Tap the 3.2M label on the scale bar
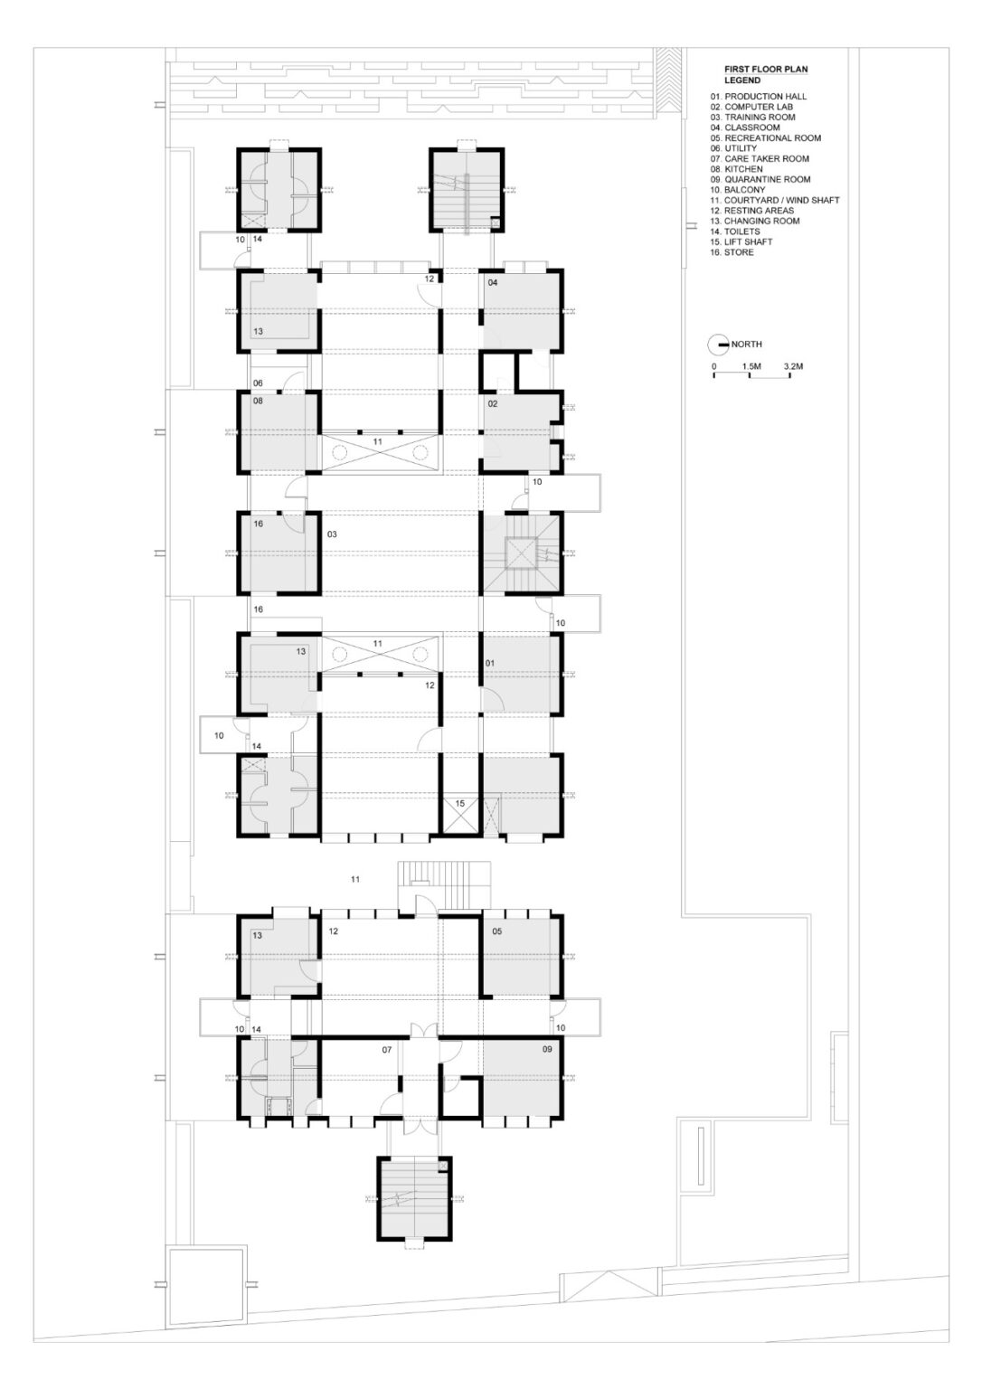pyautogui.click(x=792, y=367)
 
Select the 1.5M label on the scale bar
pyautogui.click(x=751, y=367)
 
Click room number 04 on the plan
pyautogui.click(x=493, y=283)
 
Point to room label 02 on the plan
pyautogui.click(x=493, y=403)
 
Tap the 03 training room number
pyautogui.click(x=332, y=534)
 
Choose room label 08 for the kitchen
pyautogui.click(x=258, y=400)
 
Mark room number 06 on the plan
pyautogui.click(x=258, y=383)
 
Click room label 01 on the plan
pyautogui.click(x=490, y=664)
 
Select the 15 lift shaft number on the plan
pyautogui.click(x=459, y=803)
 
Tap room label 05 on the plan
pyautogui.click(x=496, y=931)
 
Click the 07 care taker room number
pyautogui.click(x=386, y=1050)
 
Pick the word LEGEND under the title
pyautogui.click(x=741, y=80)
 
